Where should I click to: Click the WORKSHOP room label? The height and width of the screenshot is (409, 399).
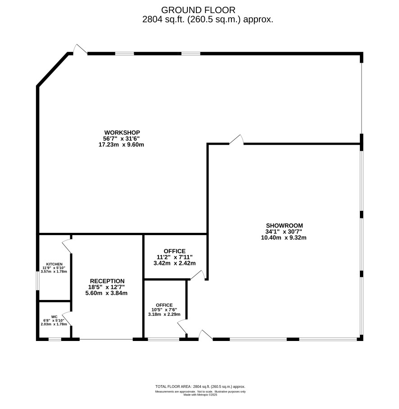point(122,132)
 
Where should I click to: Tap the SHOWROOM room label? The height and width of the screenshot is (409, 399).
point(284,226)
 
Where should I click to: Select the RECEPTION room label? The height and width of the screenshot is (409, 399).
point(107,281)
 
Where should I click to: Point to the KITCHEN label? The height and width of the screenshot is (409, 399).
point(54,264)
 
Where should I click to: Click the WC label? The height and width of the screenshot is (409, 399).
point(54,317)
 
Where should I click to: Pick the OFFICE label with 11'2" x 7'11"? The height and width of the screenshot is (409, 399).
point(174,251)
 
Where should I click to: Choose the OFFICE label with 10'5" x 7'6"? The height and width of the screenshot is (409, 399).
point(164,305)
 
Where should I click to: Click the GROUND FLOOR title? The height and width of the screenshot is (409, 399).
point(198,10)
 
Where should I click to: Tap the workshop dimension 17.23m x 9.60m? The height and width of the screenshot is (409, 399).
point(121,145)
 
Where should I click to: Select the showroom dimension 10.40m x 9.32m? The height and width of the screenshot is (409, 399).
point(284,238)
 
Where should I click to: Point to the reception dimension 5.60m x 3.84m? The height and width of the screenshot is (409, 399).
point(106,293)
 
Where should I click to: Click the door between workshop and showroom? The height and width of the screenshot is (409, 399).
point(236,140)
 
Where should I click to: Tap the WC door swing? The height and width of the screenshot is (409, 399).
point(67,319)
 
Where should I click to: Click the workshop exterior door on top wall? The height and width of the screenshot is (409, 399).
point(80,50)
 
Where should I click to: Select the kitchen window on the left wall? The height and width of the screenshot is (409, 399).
point(37,280)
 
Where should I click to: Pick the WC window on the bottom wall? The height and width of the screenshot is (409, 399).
point(55,339)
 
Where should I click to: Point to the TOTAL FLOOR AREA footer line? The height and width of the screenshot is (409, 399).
point(200,386)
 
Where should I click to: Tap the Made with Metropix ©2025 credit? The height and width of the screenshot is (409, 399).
point(200,395)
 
